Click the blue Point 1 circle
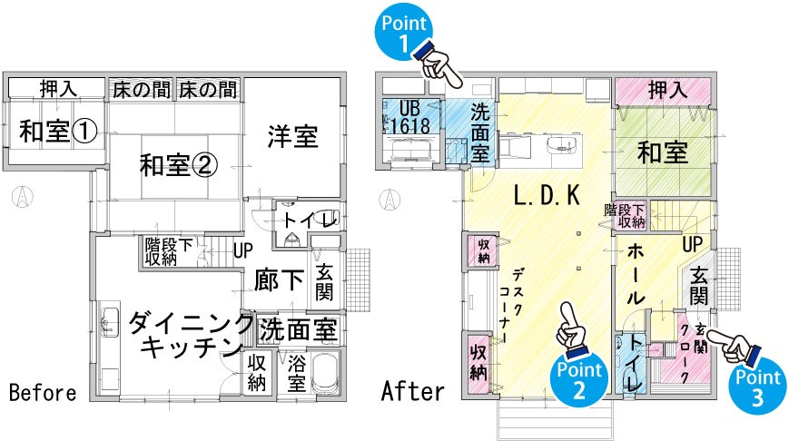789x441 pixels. pos(403,31)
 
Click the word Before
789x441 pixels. pos(43,392)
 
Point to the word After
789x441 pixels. pos(413,391)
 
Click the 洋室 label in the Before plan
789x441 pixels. pos(293,136)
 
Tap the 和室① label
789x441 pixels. pos(58,131)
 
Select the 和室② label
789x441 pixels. pos(178,164)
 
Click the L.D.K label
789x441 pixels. pos(547,195)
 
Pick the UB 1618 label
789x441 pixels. pos(409,117)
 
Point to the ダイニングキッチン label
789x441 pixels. pos(190,336)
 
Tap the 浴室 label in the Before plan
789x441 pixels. pos(296,374)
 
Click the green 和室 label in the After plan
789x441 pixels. pos(663,152)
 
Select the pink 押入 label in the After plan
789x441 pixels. pos(667,91)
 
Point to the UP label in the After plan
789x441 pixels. pos(693,245)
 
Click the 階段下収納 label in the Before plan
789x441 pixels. pos(169,252)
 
